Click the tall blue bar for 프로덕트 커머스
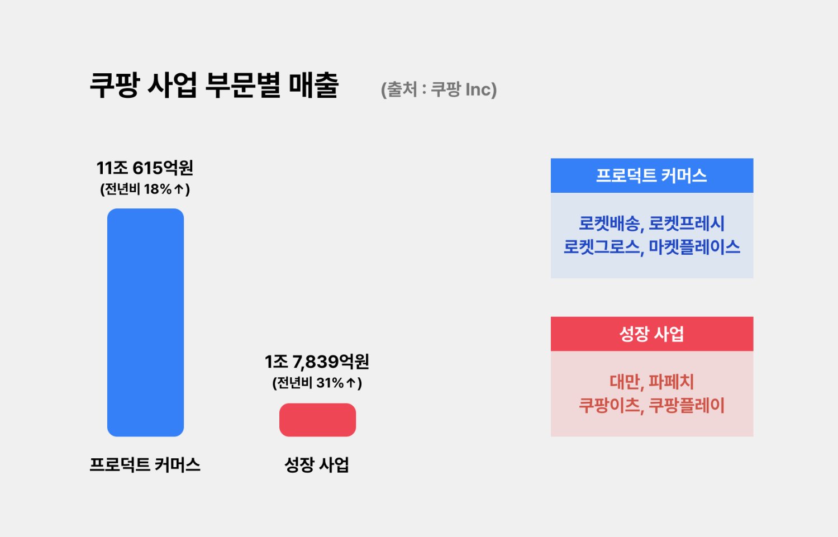click(145, 322)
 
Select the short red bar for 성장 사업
click(318, 420)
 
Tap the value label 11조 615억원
click(145, 168)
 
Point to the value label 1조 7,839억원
click(317, 362)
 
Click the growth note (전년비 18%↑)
click(145, 189)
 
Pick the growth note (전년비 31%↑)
click(317, 383)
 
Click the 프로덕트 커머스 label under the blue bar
click(145, 464)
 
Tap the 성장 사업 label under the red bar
click(317, 464)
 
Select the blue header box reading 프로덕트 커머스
click(652, 175)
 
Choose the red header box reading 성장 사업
click(652, 334)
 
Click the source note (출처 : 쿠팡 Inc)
click(439, 89)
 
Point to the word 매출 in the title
click(314, 85)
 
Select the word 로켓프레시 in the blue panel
click(686, 224)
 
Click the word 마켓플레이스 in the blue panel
click(694, 247)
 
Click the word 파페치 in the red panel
click(671, 382)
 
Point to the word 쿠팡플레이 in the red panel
click(687, 405)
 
